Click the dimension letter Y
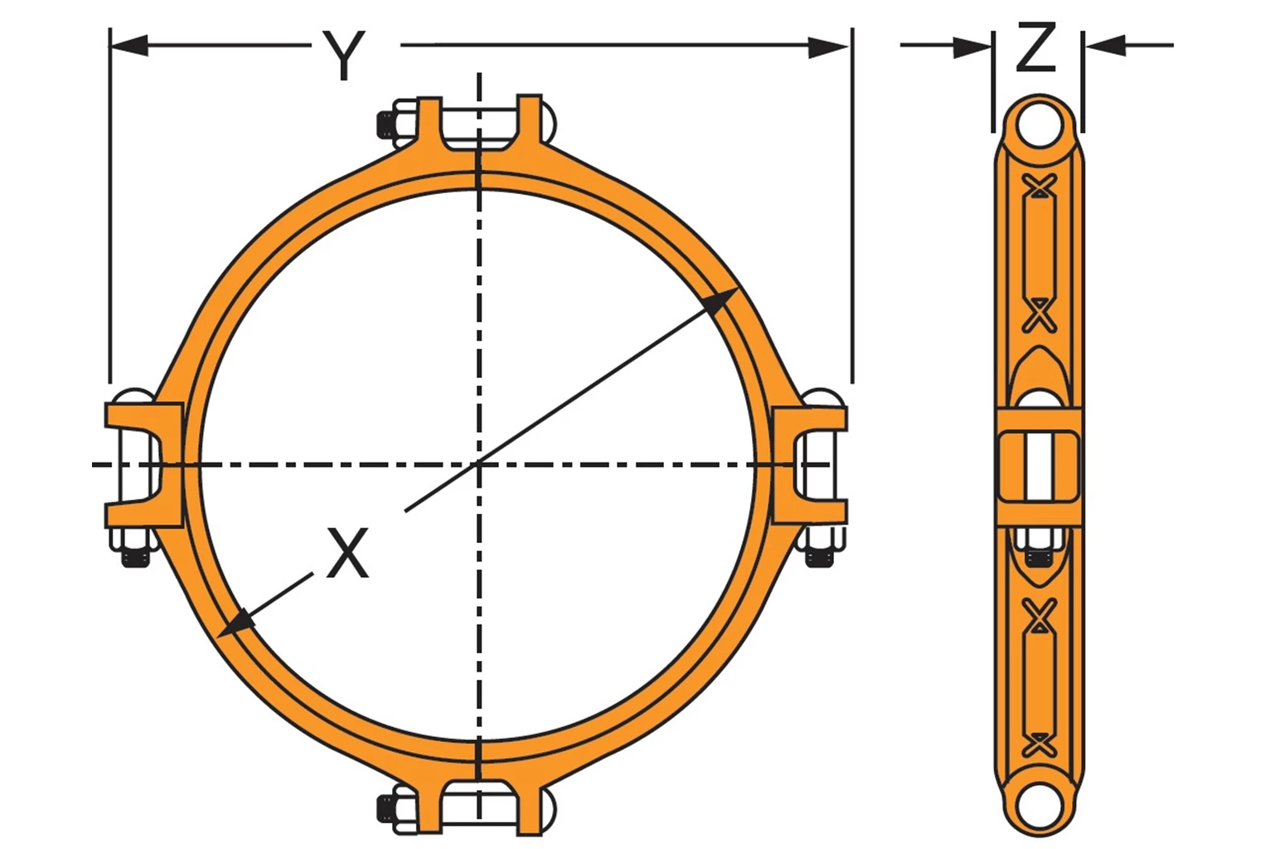pos(344,56)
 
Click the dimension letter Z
pos(1036,47)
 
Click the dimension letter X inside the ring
pos(347,551)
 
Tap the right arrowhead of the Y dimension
pos(828,48)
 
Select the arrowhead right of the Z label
pos(1105,46)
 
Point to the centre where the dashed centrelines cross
pos(479,464)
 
